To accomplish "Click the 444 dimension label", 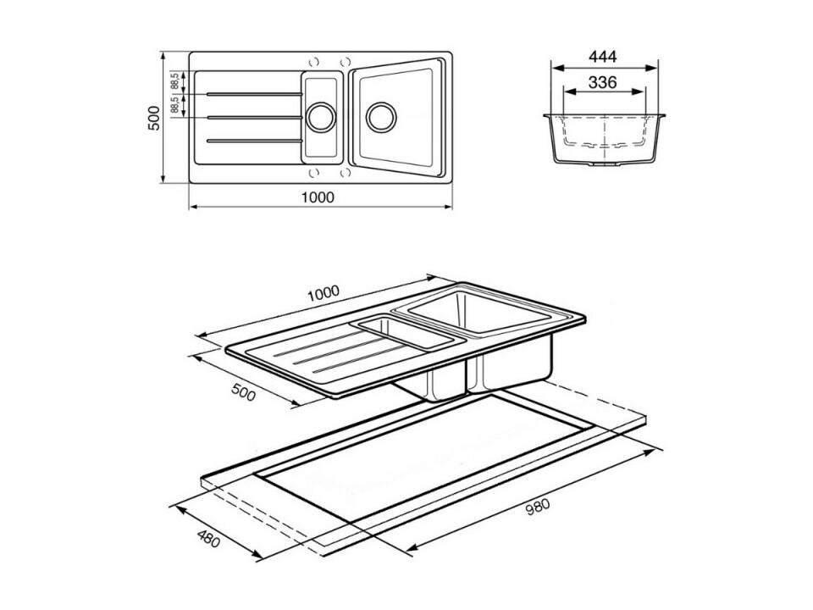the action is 602,56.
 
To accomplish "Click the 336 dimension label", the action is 602,82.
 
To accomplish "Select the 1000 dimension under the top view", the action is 318,197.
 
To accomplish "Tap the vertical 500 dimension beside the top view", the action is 153,118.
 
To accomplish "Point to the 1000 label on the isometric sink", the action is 323,294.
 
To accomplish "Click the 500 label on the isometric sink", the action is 243,392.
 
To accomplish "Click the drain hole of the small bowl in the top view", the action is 321,117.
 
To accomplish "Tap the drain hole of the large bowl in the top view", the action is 381,117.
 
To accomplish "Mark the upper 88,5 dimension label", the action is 175,81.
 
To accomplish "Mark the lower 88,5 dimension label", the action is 175,104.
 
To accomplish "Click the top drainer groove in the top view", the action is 254,94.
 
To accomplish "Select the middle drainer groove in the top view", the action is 254,118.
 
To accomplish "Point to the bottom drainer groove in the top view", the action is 254,141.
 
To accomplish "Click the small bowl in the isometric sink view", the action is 406,333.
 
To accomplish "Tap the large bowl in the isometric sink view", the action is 479,311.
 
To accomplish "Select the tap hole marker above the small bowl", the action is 313,62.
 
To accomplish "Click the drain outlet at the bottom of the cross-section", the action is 605,164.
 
